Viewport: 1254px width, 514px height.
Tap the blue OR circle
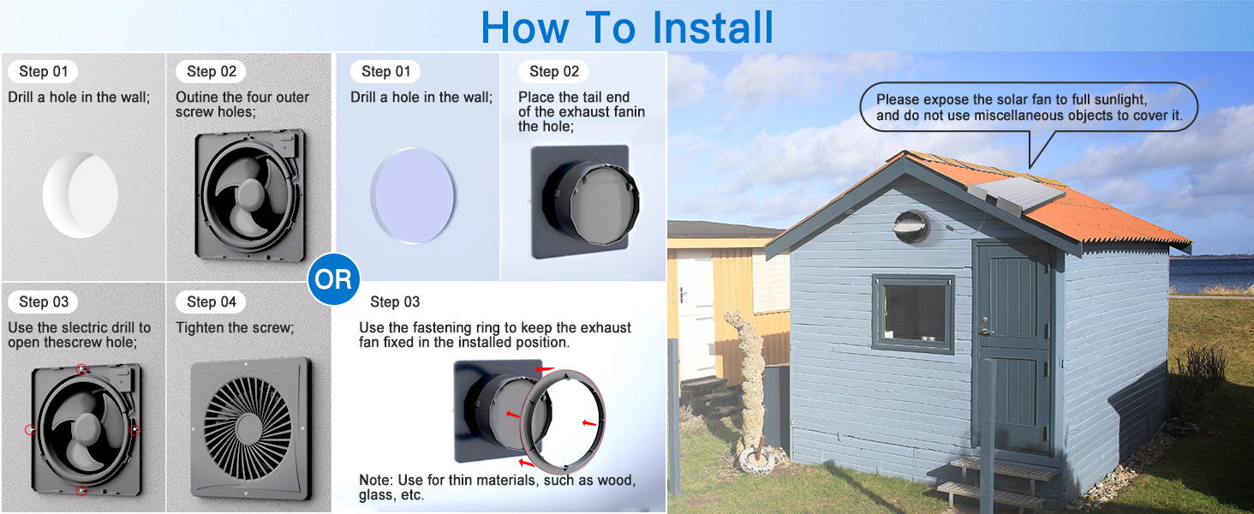coord(334,278)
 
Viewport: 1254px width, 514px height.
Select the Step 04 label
coord(211,302)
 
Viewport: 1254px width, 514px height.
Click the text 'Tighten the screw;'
coord(235,327)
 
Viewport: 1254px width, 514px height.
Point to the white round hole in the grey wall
coord(81,194)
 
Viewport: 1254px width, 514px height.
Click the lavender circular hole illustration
coord(413,195)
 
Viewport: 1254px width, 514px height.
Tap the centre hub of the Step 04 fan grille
coord(248,428)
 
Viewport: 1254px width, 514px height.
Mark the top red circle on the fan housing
coord(81,369)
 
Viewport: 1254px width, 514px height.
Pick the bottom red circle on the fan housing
coord(81,490)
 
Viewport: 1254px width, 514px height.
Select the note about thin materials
coord(497,487)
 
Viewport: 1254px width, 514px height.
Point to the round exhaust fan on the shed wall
coord(911,227)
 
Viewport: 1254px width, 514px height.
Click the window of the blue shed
coord(913,314)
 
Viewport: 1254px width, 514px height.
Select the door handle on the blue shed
coord(983,331)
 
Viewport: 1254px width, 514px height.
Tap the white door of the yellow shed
coord(696,314)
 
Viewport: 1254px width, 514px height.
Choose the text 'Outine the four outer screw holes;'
coord(242,105)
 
